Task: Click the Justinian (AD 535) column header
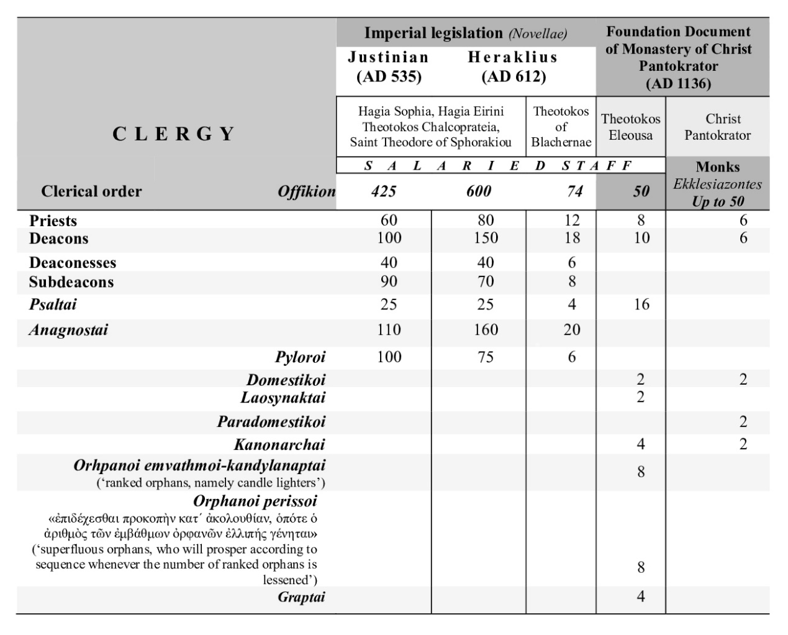389,67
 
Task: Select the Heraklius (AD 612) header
513,67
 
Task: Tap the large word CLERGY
174,134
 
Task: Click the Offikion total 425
384,191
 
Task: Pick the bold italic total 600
479,191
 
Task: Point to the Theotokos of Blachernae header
561,127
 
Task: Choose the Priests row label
53,221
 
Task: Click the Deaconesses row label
73,263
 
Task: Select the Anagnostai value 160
486,329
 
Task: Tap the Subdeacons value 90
389,281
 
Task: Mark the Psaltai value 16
641,304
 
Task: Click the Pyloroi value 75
486,357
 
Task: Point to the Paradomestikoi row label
271,422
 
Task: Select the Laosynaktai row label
283,397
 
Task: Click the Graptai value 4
641,596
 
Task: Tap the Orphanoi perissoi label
255,501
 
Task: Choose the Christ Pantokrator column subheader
718,127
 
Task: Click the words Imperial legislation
433,33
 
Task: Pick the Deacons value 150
486,238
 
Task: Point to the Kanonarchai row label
279,444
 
